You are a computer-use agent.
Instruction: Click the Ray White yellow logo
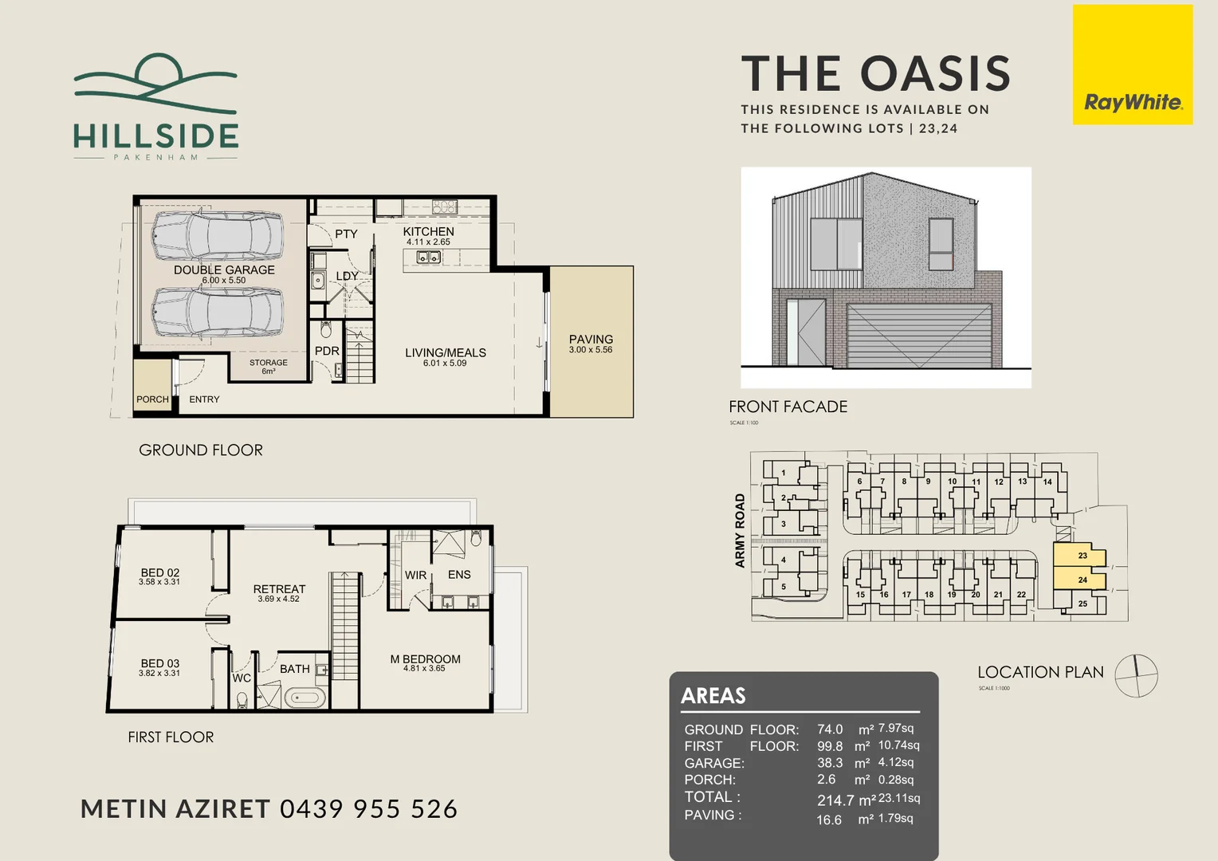pos(1132,65)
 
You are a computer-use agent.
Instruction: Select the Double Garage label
pos(224,271)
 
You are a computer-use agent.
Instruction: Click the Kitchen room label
pos(428,232)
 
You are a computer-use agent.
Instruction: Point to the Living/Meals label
pos(445,353)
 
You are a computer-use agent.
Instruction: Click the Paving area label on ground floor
pos(591,340)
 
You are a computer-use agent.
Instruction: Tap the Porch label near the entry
pos(152,399)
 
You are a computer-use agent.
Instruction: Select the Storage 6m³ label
pos(269,366)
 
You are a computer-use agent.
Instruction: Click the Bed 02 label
pos(159,573)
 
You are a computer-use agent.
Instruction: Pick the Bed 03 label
pos(159,664)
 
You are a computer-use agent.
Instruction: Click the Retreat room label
pos(279,590)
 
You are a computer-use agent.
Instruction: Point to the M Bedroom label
pos(425,660)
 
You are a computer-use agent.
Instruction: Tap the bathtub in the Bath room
pos(306,699)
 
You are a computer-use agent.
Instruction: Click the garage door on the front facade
pos(919,335)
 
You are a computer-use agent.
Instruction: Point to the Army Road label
pos(740,530)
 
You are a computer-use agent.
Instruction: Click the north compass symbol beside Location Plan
pos(1136,675)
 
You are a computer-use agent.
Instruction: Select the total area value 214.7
pos(835,800)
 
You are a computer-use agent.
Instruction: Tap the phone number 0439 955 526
pos(368,809)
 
